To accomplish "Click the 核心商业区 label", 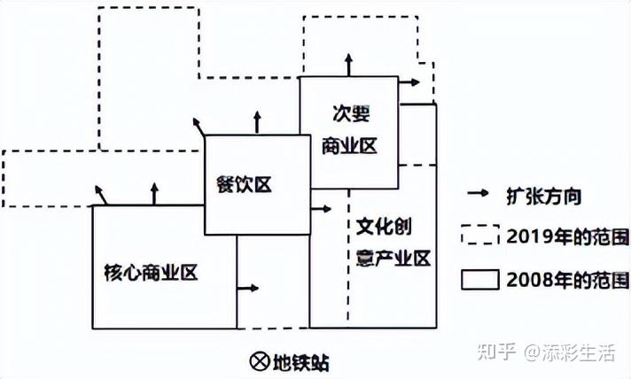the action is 151,273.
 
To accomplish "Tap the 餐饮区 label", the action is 245,185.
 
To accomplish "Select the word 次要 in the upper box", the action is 351,113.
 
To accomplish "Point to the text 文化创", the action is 385,227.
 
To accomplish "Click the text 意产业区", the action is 393,258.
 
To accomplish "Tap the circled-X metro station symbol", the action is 260,361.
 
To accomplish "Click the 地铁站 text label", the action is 301,362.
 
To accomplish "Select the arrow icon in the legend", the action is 478,193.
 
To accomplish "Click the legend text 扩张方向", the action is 543,197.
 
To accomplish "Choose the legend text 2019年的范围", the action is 567,237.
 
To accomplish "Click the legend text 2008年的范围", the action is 567,280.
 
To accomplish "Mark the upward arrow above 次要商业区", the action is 349,65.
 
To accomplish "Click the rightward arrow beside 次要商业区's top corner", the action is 409,82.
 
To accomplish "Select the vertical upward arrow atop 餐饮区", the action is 258,122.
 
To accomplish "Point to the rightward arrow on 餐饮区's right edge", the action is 321,209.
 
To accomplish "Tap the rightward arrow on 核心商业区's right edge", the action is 248,288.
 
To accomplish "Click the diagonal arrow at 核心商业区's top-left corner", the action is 101,196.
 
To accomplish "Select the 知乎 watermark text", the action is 497,352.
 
